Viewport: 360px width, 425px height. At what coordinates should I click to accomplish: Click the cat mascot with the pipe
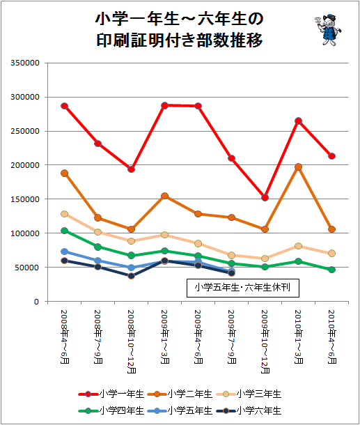click(328, 30)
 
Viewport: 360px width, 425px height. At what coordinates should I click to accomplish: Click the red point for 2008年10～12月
click(132, 169)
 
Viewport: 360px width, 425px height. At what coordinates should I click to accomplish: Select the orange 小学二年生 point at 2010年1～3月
click(299, 167)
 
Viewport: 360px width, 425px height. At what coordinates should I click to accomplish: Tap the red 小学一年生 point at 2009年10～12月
click(265, 198)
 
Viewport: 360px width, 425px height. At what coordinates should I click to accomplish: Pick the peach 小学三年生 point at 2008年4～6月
click(65, 214)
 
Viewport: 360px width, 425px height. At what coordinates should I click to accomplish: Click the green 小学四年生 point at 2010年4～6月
click(332, 270)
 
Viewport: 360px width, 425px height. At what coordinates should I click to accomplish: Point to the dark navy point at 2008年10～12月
click(132, 276)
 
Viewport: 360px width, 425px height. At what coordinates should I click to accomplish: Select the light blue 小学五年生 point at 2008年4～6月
click(65, 252)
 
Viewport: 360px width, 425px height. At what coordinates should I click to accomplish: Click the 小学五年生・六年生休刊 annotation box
click(243, 288)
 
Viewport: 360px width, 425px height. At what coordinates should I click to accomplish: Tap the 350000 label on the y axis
click(25, 63)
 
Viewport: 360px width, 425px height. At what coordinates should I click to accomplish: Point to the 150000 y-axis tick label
click(25, 199)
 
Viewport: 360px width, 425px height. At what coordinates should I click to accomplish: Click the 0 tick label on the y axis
click(37, 302)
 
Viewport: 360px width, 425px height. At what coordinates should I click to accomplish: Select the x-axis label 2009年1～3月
click(165, 337)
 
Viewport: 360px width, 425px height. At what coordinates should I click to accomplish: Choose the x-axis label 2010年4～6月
click(332, 337)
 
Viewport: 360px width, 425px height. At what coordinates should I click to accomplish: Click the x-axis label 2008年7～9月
click(98, 337)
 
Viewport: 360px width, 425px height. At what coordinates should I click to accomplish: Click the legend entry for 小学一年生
click(111, 394)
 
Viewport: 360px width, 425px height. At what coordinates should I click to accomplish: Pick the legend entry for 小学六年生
click(249, 411)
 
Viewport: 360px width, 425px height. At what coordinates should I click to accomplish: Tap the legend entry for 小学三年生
click(249, 394)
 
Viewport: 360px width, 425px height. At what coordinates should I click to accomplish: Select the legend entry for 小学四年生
click(111, 411)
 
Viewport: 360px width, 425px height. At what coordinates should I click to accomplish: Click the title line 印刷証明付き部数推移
click(180, 40)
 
